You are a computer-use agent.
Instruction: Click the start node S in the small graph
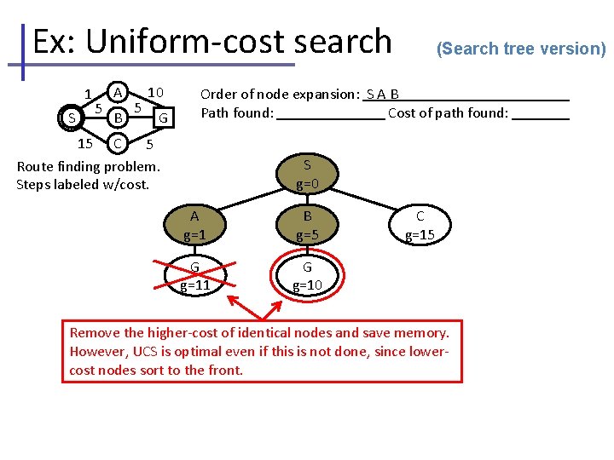72,117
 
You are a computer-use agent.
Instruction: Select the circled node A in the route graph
119,91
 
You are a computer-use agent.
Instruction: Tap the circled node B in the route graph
119,115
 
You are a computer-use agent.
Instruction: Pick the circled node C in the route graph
119,141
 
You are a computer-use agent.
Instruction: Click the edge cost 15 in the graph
85,142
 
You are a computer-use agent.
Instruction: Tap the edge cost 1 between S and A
88,94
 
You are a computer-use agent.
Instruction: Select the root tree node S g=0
307,174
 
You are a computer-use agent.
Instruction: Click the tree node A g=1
194,226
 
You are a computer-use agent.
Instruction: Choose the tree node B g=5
307,226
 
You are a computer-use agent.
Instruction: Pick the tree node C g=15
420,226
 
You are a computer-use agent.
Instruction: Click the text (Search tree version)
520,49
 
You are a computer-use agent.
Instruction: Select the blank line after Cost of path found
541,114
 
